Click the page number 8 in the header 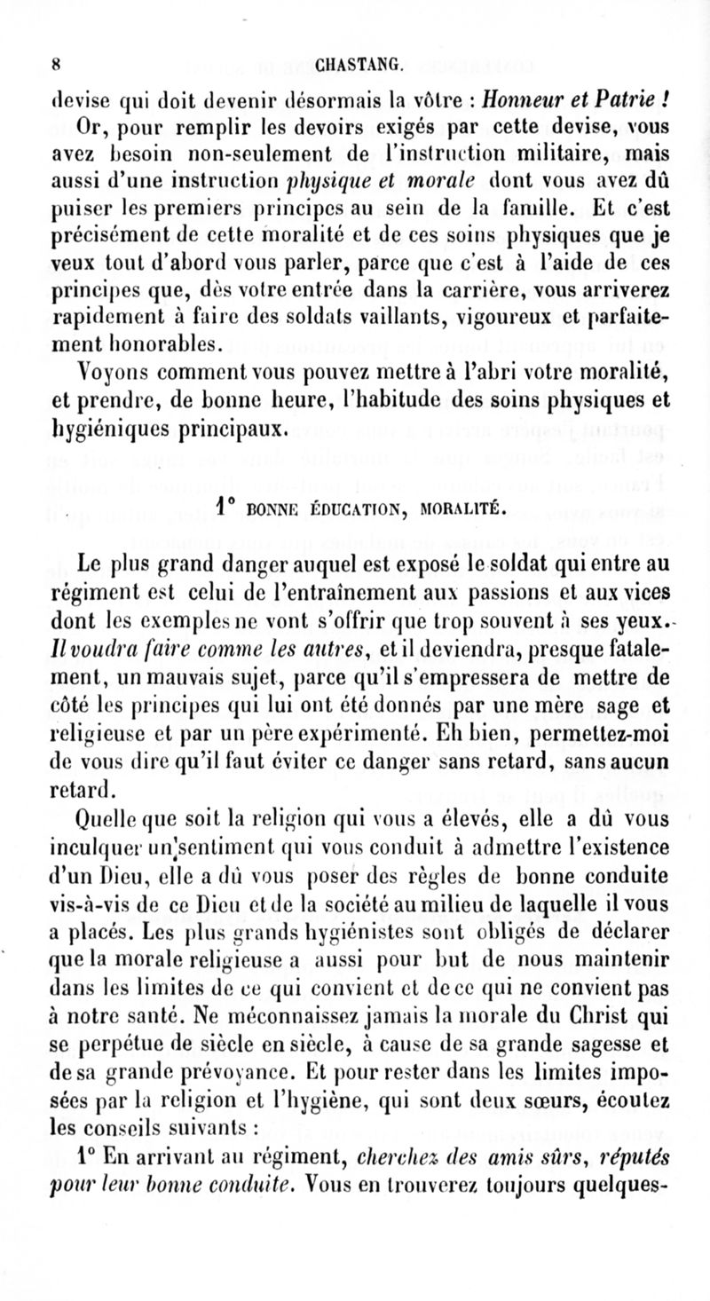click(x=54, y=63)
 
